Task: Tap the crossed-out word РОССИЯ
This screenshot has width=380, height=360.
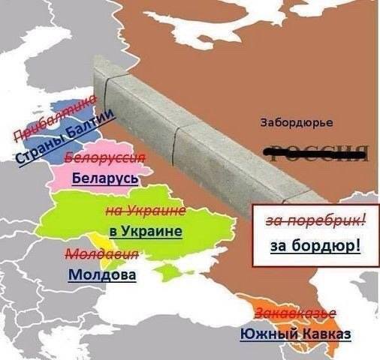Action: (318, 151)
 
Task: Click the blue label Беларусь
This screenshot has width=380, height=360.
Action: (105, 179)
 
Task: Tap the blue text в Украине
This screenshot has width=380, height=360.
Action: (146, 230)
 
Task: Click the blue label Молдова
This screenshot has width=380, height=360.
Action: (102, 274)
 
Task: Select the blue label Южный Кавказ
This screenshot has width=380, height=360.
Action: (295, 334)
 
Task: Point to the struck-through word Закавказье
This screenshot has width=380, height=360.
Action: (295, 313)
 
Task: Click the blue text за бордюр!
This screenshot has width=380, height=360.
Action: (314, 246)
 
